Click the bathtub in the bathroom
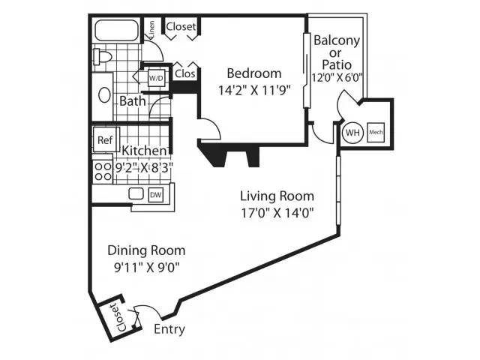(116, 31)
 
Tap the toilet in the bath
(103, 57)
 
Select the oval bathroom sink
(104, 95)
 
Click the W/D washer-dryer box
(156, 78)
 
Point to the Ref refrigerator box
(105, 140)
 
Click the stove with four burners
(103, 172)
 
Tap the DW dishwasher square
(156, 195)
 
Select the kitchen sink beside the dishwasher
(136, 193)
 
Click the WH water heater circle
(352, 133)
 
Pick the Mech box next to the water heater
(376, 132)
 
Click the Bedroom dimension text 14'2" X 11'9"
(254, 90)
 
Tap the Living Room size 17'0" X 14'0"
(277, 213)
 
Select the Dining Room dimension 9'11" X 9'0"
(146, 268)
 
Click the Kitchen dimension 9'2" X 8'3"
(144, 168)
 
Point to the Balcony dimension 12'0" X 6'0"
(337, 77)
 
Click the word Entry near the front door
(169, 329)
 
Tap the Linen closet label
(151, 28)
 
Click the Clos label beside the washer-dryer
(185, 73)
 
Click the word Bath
(133, 101)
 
